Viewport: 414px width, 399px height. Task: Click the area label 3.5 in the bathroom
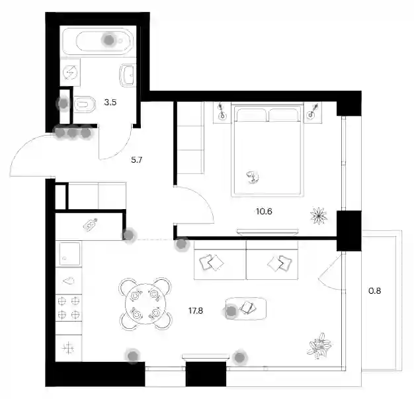coord(110,102)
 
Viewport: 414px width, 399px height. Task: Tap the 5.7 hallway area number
coord(136,159)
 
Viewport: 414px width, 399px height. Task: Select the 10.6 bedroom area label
coord(264,211)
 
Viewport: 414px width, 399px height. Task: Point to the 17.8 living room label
coord(196,310)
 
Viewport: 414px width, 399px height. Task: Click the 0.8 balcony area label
coord(375,290)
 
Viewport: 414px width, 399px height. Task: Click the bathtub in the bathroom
coord(98,41)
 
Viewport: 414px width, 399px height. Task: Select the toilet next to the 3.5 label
coord(85,105)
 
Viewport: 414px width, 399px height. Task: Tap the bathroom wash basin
coord(128,75)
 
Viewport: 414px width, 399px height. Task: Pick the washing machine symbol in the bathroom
coord(70,72)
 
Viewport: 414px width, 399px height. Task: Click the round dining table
coord(145,304)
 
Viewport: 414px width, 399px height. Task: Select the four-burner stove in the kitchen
coord(69,308)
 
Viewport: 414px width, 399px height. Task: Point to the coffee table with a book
coord(246,308)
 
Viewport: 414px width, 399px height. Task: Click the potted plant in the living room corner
coord(319,346)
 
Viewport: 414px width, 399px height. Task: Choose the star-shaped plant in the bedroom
coord(319,216)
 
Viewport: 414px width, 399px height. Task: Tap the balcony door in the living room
coord(330,272)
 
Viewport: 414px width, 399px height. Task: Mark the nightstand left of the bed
coord(222,112)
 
